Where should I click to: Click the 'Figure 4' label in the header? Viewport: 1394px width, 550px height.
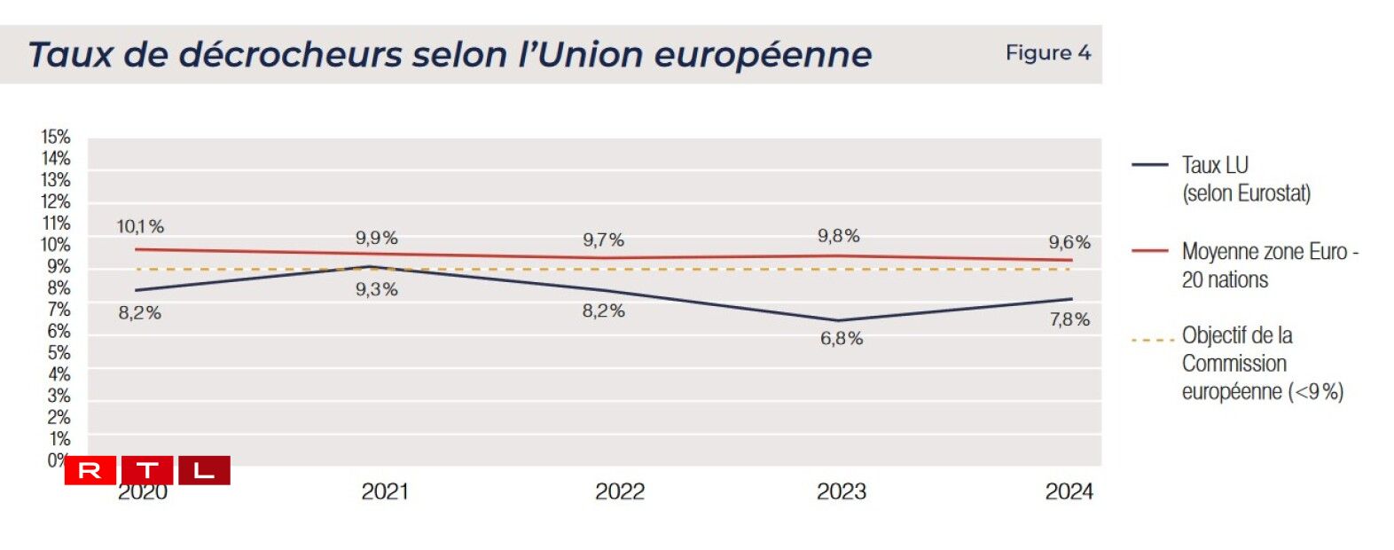coord(1047,53)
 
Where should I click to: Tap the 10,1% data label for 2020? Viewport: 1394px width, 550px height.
coord(140,227)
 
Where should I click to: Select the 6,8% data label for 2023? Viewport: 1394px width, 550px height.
coord(841,339)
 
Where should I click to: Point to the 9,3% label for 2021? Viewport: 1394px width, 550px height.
coord(377,290)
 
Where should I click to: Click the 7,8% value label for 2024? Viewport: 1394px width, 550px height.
coord(1069,320)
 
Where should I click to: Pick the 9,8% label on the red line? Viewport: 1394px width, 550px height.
coord(838,236)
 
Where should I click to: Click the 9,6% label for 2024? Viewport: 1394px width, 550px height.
coord(1069,243)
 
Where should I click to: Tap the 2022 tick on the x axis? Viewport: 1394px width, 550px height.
coord(619,492)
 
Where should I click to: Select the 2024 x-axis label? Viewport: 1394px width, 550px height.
coord(1069,492)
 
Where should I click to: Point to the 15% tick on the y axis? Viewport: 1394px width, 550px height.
coord(55,137)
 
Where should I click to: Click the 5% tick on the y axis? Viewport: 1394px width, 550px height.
coord(59,353)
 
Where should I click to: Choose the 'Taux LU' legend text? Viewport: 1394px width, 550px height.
coord(1214,165)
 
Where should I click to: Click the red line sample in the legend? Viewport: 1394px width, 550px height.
coord(1149,251)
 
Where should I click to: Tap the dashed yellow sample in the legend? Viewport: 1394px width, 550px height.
coord(1152,340)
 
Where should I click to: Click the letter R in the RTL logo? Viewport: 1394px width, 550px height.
coord(90,471)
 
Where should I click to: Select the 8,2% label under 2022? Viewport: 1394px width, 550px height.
coord(603,311)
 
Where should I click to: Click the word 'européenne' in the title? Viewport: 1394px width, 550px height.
coord(763,55)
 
